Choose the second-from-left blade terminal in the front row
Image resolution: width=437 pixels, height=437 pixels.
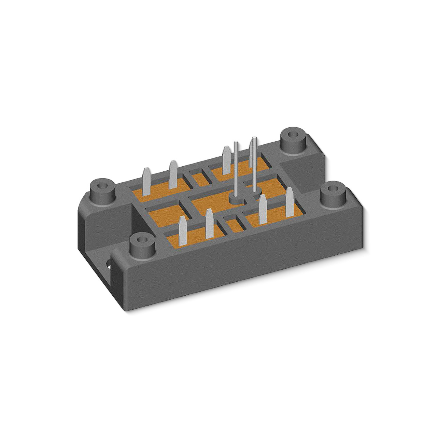tap(209, 227)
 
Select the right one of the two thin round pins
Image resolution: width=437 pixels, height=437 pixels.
tap(254, 164)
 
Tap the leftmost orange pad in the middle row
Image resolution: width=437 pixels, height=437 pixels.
tap(164, 217)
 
